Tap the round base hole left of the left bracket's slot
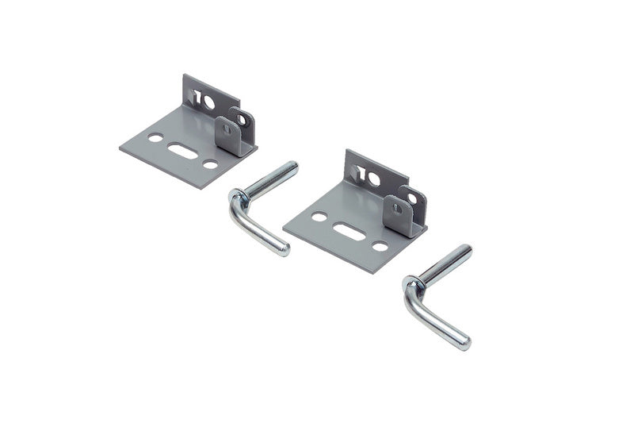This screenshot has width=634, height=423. click(x=155, y=138)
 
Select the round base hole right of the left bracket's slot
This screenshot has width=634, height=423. click(x=210, y=163)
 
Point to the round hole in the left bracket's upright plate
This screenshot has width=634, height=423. click(x=208, y=102)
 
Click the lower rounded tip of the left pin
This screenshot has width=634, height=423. click(x=283, y=250)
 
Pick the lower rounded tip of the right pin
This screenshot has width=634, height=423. click(x=464, y=344)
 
